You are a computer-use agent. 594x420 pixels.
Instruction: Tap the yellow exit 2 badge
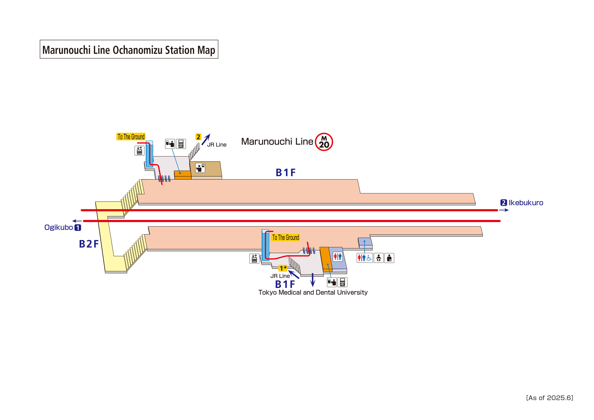coord(198,137)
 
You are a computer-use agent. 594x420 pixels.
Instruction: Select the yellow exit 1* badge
coord(283,268)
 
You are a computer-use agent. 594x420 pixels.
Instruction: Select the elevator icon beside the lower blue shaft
coord(254,258)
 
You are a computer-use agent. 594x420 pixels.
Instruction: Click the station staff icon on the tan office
coord(200,168)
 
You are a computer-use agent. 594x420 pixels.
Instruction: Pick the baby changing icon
coord(378,258)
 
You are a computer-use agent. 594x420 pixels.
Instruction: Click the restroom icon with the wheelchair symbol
coord(365,258)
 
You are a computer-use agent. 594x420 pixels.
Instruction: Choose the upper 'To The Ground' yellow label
coord(131,137)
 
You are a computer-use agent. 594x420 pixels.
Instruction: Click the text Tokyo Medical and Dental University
coord(313,292)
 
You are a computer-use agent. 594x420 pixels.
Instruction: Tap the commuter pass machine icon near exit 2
coord(181,144)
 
